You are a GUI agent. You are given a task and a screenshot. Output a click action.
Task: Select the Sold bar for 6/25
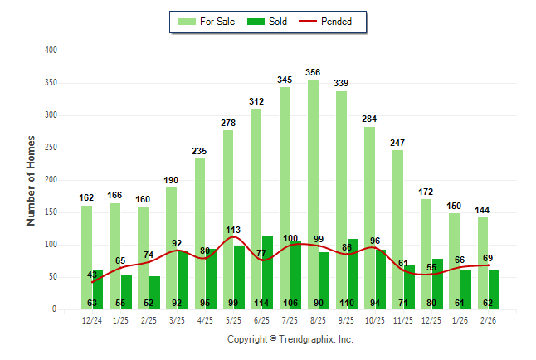click(267, 265)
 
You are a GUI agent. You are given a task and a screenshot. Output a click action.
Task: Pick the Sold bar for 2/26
click(494, 286)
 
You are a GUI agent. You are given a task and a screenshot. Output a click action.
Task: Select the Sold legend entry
click(267, 22)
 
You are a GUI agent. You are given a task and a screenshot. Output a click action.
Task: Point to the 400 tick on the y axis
click(51, 51)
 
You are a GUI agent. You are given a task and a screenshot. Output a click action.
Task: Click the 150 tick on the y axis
click(51, 212)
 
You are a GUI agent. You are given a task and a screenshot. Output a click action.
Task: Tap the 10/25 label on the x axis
click(375, 319)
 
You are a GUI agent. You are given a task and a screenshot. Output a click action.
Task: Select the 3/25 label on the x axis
click(177, 319)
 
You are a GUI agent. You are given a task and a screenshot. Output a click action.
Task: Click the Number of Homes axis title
click(31, 180)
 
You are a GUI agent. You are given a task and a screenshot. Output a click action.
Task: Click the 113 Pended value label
click(233, 230)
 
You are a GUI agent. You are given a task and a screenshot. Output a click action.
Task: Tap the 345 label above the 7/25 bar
click(285, 80)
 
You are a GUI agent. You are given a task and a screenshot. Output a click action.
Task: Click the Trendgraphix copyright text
click(290, 339)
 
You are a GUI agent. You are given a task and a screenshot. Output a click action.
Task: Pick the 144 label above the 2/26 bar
click(482, 210)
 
